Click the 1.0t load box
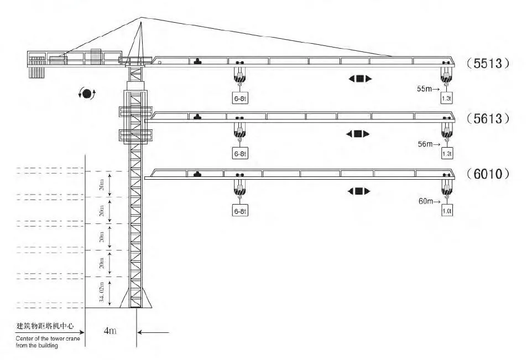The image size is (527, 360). coord(447,211)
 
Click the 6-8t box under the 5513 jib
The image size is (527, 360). coord(239,98)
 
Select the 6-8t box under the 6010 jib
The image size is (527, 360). coord(239,211)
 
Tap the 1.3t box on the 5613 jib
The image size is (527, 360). coord(447,153)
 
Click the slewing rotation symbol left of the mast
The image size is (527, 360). coord(87,93)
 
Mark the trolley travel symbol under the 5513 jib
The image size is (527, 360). coord(360,79)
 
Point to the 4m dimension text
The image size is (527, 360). coord(110,331)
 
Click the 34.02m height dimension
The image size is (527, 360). coord(102,293)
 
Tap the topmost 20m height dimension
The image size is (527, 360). coord(102,185)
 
